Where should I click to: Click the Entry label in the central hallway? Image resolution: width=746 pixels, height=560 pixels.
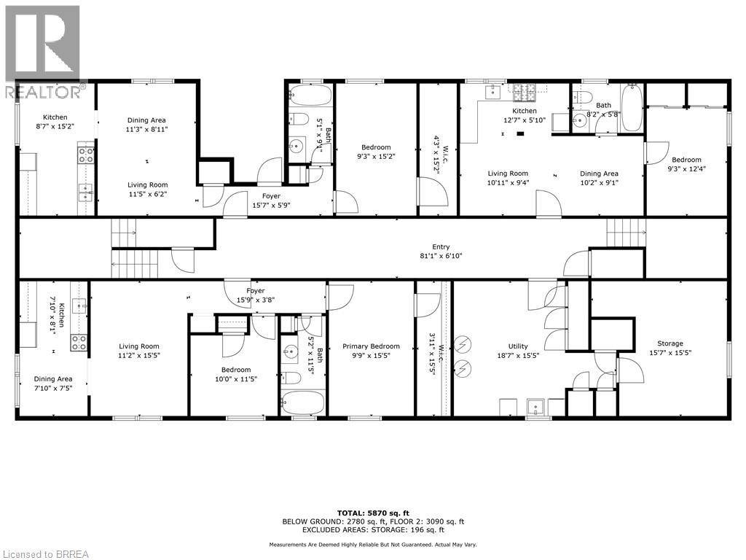pos(440,246)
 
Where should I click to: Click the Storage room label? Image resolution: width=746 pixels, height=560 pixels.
pos(670,343)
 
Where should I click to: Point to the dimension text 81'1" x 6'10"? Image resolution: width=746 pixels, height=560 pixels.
pos(440,256)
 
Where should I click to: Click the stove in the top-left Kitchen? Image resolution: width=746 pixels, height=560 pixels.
pos(85,155)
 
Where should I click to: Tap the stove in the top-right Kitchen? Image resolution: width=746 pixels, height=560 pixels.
pos(523,93)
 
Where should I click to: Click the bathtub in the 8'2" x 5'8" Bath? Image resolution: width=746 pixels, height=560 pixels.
pos(631,108)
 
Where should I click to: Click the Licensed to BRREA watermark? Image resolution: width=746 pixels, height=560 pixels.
pos(45,553)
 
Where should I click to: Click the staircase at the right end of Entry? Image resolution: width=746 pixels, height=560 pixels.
pos(626,233)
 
